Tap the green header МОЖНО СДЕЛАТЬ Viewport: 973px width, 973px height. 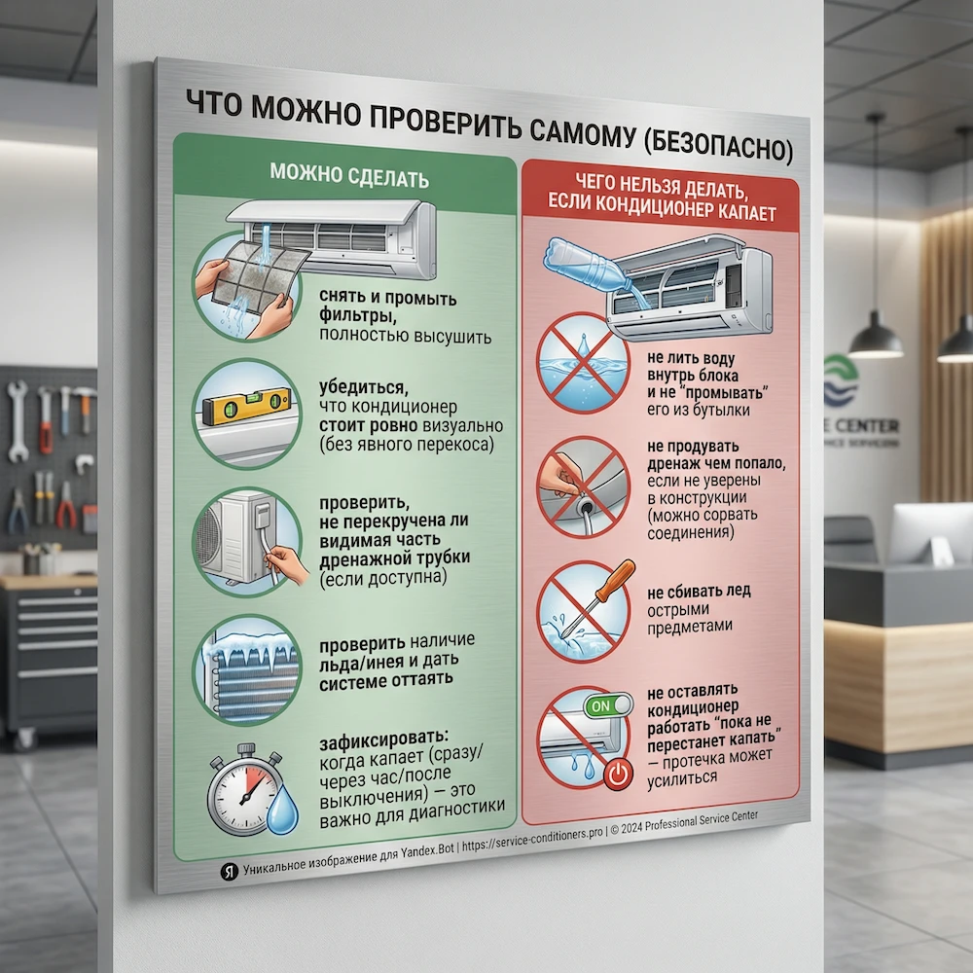pos(349,176)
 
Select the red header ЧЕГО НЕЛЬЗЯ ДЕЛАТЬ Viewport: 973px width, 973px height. pos(662,186)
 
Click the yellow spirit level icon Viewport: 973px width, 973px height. pos(246,405)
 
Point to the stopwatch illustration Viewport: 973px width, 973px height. pos(241,789)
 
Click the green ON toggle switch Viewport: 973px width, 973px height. pos(608,704)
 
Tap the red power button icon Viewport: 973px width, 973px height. pos(618,774)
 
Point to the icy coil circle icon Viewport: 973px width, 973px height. pos(247,669)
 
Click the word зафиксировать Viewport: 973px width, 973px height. pos(383,739)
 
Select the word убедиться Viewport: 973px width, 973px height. pos(364,388)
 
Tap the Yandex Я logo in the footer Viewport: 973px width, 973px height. pos(229,871)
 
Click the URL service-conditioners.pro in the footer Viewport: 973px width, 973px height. pos(532,838)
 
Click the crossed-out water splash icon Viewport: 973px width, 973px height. pos(583,363)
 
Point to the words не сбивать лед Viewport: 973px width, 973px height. pos(699,592)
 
